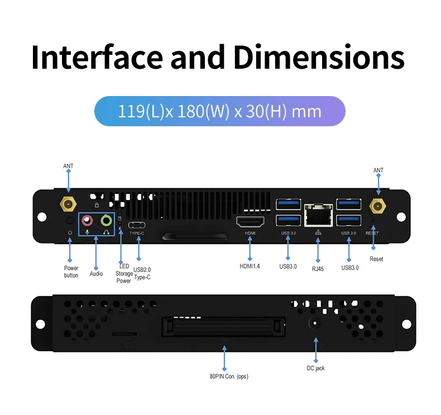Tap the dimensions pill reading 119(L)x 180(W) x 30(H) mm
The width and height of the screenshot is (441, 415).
coord(219,111)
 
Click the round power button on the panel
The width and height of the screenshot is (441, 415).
coord(69,221)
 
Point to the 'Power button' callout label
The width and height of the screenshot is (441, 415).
coord(71,272)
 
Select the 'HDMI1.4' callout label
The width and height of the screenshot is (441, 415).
coord(250,266)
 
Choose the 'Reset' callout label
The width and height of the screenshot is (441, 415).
coord(376,259)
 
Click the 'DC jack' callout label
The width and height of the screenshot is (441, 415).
coord(315,369)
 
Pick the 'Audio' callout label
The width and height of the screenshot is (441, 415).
coord(96,274)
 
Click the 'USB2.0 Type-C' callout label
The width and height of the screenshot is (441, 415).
coord(142,273)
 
